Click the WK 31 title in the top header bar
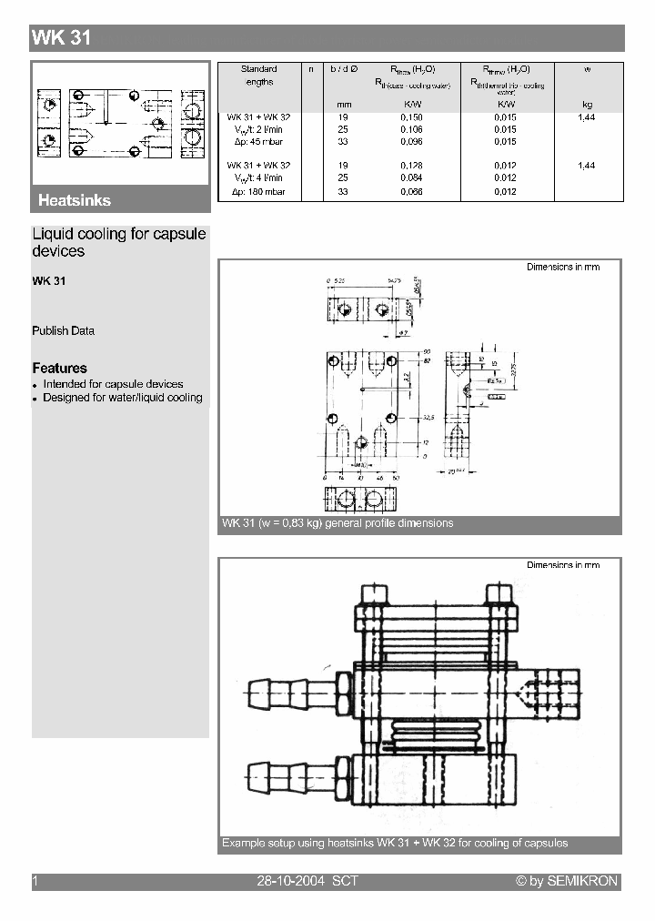pos(62,38)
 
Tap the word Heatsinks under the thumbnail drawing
pos(75,200)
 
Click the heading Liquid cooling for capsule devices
pos(118,242)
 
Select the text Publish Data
pos(63,330)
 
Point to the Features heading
pos(59,368)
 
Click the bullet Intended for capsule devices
pos(113,384)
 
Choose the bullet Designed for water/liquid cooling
pos(122,398)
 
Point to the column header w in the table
pos(587,69)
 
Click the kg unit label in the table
pos(587,105)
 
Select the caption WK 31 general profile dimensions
pos(338,523)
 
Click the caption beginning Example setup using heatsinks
pos(395,843)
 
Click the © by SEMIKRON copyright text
pos(567,881)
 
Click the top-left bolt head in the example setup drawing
pos(374,594)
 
